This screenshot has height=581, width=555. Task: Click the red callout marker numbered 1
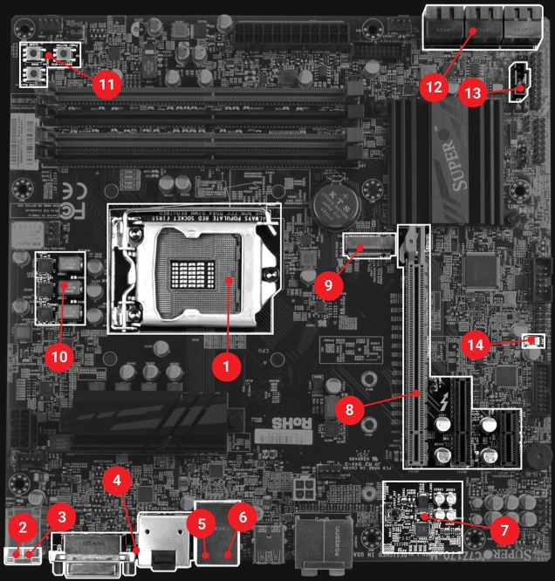pyautogui.click(x=226, y=366)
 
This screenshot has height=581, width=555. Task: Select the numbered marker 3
pyautogui.click(x=61, y=516)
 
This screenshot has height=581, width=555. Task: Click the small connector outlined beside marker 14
pyautogui.click(x=528, y=339)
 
